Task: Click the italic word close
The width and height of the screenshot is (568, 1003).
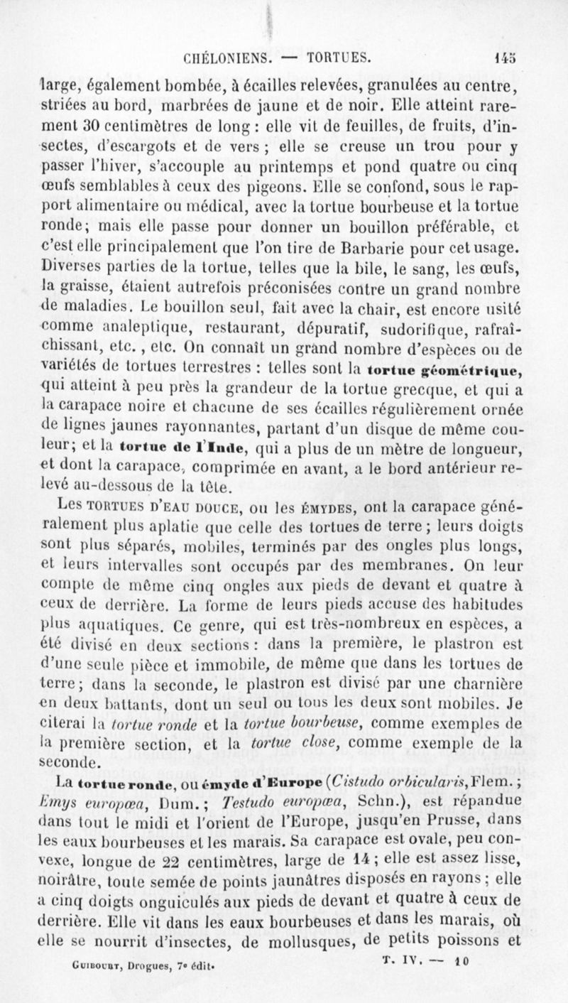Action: (x=288, y=743)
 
